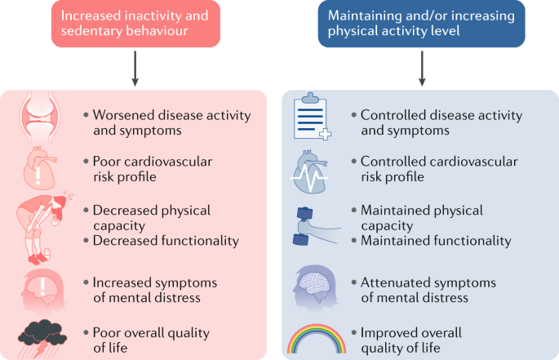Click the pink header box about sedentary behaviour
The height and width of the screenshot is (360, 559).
tap(135, 24)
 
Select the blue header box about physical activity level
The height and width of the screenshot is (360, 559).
tap(421, 24)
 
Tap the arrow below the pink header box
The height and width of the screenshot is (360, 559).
tap(135, 68)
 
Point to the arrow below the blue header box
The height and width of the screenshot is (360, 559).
tap(422, 68)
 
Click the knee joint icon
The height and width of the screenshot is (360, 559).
tap(39, 117)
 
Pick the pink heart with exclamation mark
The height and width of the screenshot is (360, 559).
tap(39, 168)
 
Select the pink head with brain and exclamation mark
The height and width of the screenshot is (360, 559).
tap(43, 290)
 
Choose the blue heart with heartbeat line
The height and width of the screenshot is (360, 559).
tap(310, 172)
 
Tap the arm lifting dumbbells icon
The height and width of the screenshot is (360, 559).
tap(316, 226)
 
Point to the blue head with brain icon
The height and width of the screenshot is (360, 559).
tap(315, 287)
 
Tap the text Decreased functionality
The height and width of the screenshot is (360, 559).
tap(166, 241)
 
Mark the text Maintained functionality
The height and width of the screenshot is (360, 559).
tap(436, 241)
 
